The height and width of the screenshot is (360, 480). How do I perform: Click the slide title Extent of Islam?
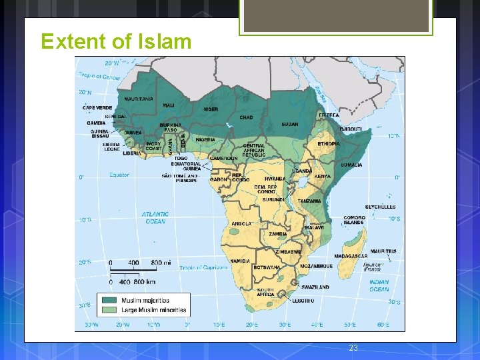coord(116,41)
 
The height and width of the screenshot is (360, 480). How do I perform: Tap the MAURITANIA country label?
coord(139,99)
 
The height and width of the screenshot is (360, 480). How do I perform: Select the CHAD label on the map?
coord(246,117)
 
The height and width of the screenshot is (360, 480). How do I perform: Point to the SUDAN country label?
coord(290,124)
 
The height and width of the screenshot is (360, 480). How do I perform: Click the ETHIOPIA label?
coord(329,143)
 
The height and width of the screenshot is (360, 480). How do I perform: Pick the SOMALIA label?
coord(351,165)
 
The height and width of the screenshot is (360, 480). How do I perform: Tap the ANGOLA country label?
coord(241,223)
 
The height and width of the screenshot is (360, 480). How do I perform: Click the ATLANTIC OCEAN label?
coord(155,218)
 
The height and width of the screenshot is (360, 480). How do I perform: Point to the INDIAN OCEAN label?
coord(379,285)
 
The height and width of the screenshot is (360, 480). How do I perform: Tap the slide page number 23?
coord(353,348)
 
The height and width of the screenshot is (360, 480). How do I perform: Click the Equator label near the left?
coord(119,175)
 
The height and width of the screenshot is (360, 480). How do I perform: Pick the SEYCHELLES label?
coord(380,207)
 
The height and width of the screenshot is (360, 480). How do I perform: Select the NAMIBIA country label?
coord(240,261)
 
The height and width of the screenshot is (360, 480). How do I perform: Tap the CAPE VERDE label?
coord(97,107)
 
